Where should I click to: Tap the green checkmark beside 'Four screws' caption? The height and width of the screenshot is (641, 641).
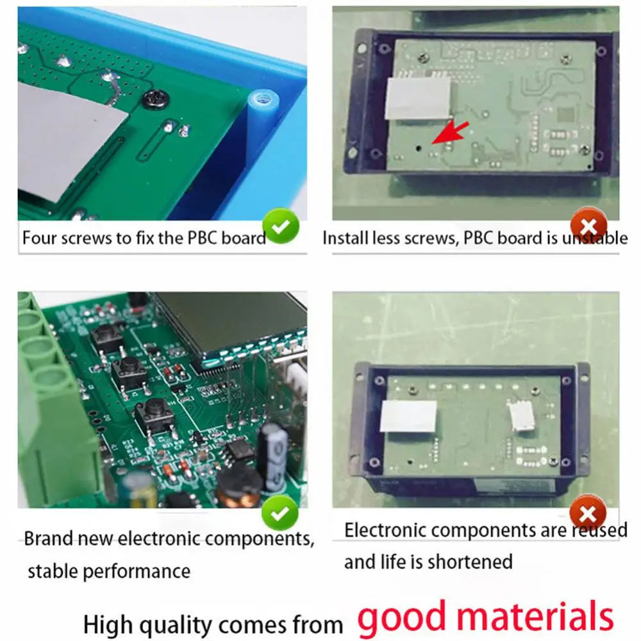tap(281, 227)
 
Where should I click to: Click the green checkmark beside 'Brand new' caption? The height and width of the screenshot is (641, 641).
tap(281, 513)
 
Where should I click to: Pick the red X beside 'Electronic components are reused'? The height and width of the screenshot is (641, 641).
tap(587, 513)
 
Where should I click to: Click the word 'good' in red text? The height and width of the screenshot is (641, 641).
tap(403, 617)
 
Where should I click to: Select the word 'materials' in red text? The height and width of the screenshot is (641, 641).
tap(534, 617)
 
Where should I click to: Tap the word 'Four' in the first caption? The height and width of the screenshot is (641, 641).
tap(40, 238)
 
